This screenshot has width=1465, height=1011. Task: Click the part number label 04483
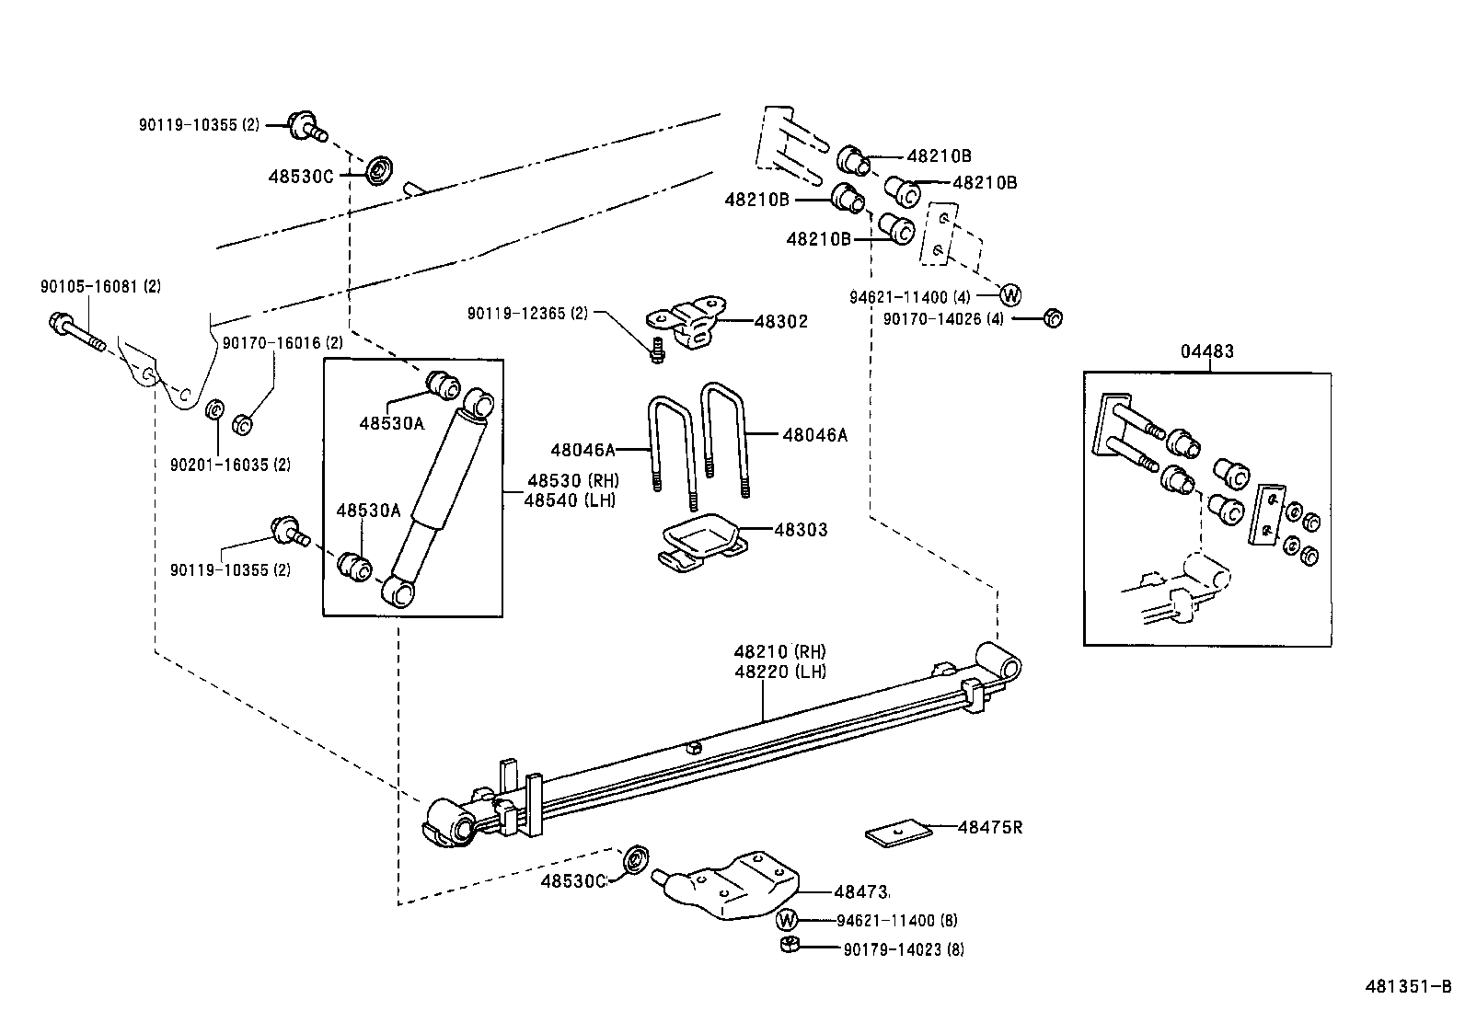coord(1207,351)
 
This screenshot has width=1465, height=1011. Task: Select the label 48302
coord(780,322)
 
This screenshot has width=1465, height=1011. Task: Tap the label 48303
coord(800,530)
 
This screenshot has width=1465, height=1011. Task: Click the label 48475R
coord(989,827)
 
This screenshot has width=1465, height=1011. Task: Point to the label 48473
coord(860,891)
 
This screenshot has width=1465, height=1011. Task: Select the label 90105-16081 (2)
coord(100,287)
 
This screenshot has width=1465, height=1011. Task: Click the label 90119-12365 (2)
coord(526,314)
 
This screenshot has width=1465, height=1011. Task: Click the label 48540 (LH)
coord(571,500)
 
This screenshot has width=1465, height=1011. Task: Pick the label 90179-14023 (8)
coord(903,949)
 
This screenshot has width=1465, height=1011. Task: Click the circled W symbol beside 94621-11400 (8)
coord(787,920)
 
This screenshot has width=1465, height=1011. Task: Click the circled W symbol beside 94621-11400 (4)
coord(1009,295)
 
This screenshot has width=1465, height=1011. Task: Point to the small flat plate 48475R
coord(898,833)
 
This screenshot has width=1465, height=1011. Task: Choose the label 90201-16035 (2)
coord(230,465)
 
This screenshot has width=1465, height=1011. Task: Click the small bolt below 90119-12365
coord(656,350)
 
